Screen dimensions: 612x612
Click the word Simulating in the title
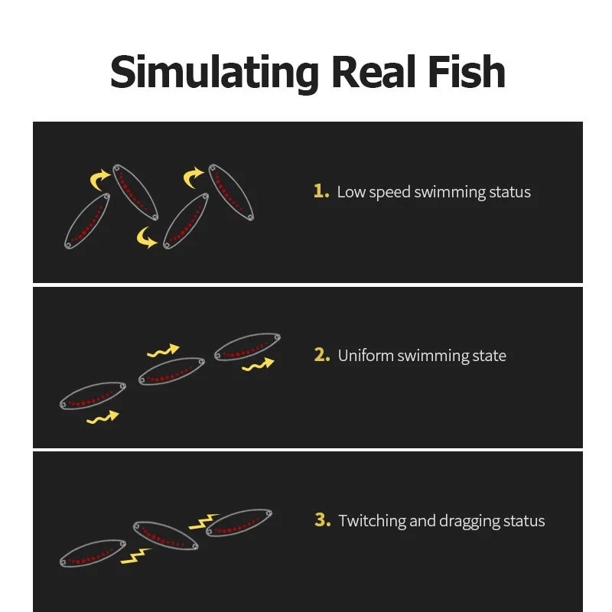[215, 73]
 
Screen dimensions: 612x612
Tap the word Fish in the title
[467, 72]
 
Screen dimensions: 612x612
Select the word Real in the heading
[374, 72]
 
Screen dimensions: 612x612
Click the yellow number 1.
[321, 191]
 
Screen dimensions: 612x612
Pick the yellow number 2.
[322, 355]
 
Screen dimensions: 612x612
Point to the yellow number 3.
[322, 520]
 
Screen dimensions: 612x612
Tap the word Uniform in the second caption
[366, 356]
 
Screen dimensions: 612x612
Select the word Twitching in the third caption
[372, 521]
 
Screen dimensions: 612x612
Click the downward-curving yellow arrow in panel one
[145, 238]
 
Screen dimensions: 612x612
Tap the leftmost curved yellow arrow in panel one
[99, 180]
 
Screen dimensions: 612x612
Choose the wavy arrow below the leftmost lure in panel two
[103, 417]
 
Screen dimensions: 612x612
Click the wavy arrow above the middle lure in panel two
[163, 351]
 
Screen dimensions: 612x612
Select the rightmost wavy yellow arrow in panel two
[258, 365]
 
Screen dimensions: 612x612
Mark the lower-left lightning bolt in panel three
[135, 556]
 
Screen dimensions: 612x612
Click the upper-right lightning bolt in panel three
[203, 522]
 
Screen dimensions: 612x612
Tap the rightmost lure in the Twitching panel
[239, 522]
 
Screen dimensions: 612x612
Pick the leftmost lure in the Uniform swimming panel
[93, 396]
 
